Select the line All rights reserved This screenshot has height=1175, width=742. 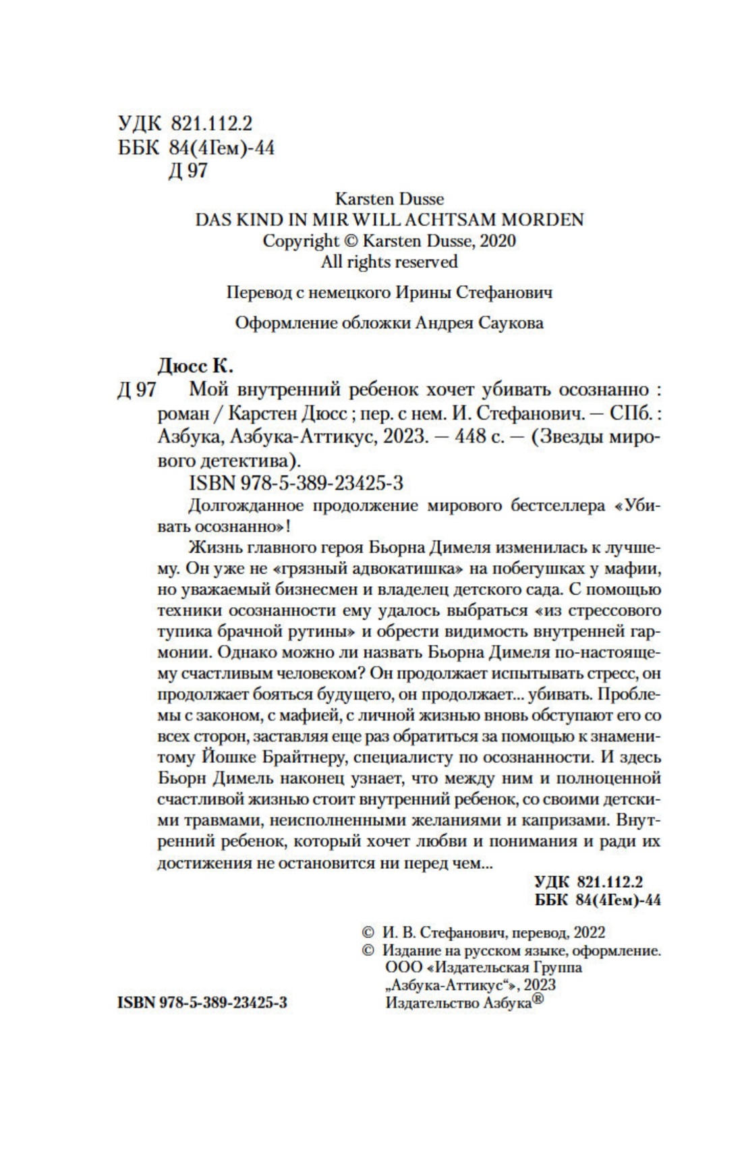point(389,262)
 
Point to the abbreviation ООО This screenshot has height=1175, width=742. point(398,968)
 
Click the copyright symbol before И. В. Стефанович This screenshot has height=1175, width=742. point(368,932)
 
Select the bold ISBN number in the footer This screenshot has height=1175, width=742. point(202,1003)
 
